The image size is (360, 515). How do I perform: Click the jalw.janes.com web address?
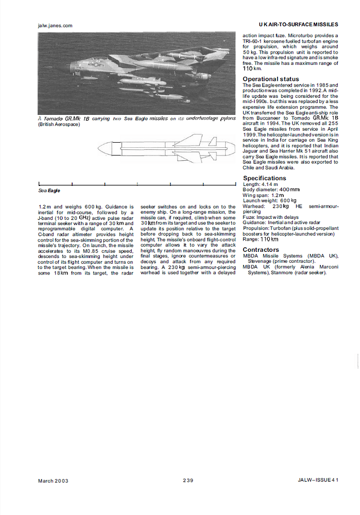tap(55, 25)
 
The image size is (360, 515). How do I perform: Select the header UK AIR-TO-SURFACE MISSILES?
tap(298, 24)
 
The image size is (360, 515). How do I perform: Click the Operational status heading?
tap(270, 79)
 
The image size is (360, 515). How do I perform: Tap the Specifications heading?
tap(264, 178)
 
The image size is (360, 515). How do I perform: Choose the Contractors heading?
tap(261, 250)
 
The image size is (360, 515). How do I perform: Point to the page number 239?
tap(188, 480)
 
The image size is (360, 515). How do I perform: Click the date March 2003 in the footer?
tap(53, 480)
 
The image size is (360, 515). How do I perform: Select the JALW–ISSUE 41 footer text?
tap(318, 480)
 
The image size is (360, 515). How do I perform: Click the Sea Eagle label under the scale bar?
tap(49, 191)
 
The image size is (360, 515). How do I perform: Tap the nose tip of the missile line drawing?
tap(99, 149)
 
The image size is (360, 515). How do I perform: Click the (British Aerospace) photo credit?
tap(59, 125)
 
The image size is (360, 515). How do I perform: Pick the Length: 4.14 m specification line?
tap(260, 184)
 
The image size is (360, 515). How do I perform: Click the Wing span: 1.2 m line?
tap(263, 195)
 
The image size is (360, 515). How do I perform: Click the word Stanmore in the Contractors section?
tap(281, 272)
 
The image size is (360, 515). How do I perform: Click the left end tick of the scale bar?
tap(39, 184)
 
